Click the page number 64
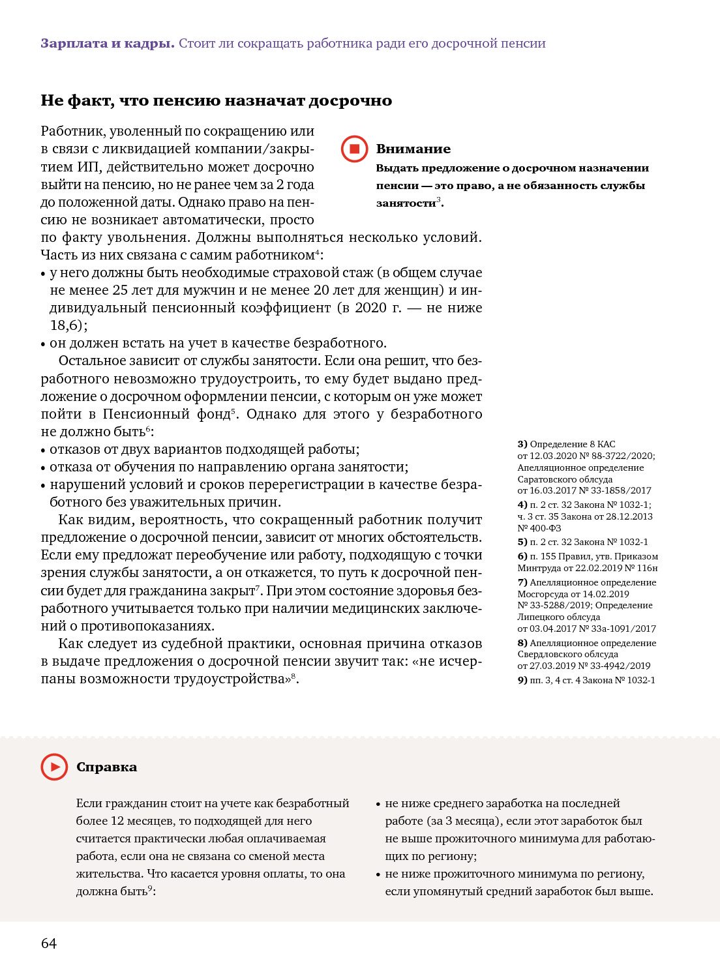(49, 943)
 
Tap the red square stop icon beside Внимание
(355, 149)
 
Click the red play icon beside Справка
(54, 767)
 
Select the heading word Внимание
(413, 149)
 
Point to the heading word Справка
(106, 767)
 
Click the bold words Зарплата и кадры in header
(108, 44)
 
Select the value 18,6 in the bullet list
(67, 325)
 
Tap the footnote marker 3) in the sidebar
(522, 444)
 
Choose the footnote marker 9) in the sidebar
(522, 680)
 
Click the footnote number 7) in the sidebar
(522, 582)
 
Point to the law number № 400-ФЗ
(539, 528)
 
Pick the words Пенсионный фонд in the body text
(166, 415)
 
